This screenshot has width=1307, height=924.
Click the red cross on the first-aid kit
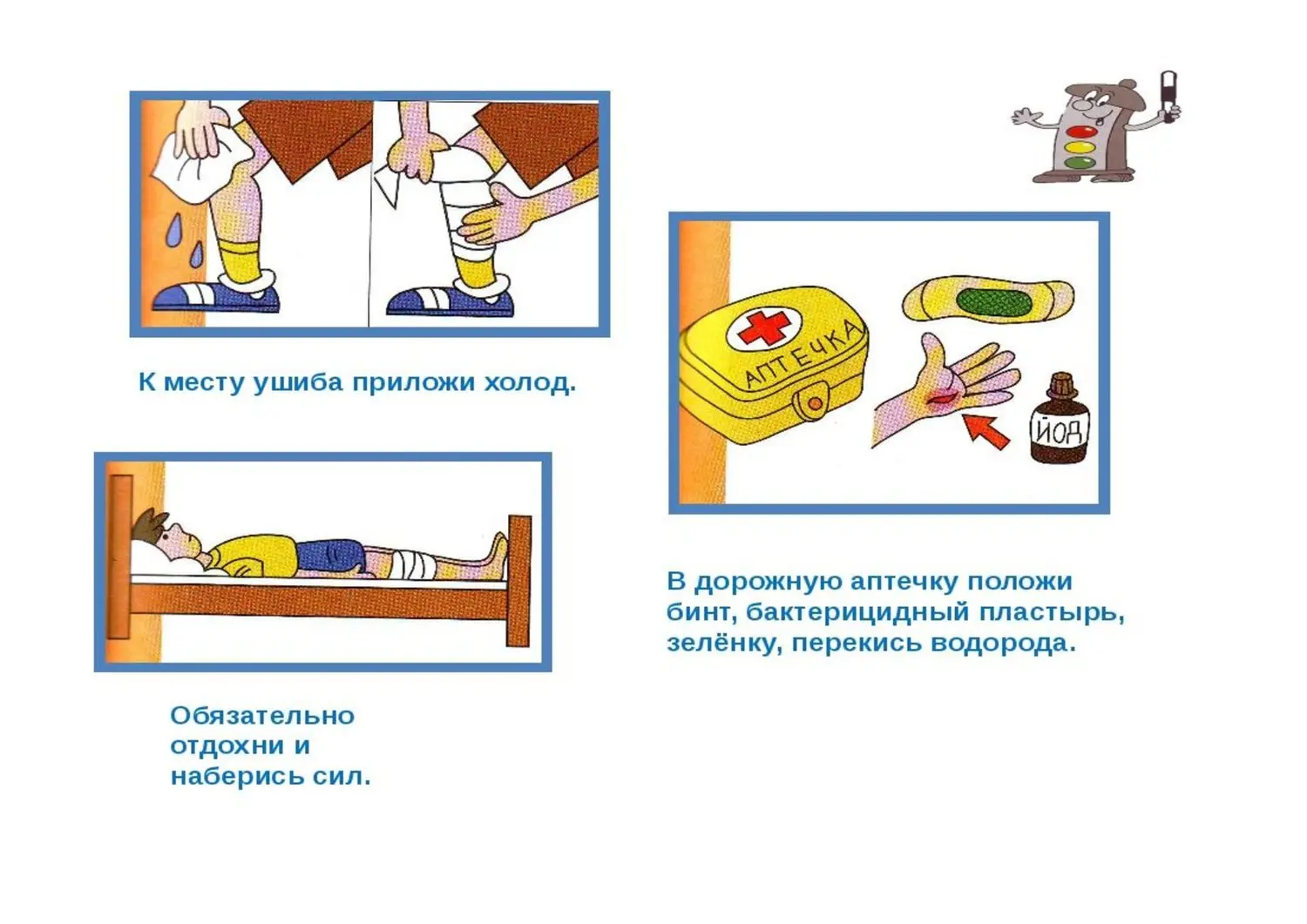click(x=763, y=328)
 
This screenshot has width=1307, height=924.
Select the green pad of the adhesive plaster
click(x=993, y=301)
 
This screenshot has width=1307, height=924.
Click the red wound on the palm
click(x=943, y=399)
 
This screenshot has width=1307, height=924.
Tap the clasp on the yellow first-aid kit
click(x=813, y=403)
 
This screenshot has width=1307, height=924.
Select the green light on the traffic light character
click(x=1079, y=162)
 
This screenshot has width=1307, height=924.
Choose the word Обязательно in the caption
click(x=262, y=716)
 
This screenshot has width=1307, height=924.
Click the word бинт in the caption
click(x=693, y=612)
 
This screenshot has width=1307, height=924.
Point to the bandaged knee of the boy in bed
click(x=410, y=564)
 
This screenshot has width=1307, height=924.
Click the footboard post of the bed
click(x=519, y=580)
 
